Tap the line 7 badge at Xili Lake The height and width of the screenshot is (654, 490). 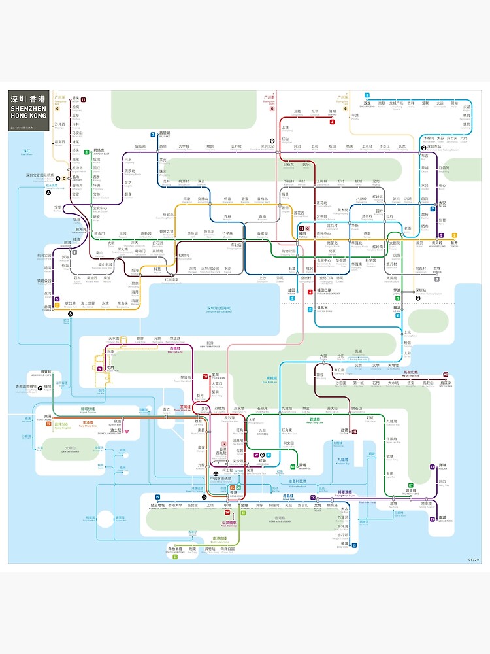coord(152,134)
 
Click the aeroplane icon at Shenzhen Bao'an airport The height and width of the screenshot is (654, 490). coord(58,178)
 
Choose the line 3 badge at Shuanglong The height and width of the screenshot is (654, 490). coord(367,95)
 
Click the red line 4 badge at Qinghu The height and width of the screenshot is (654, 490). coord(332,122)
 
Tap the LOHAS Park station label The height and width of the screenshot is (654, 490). coord(442,518)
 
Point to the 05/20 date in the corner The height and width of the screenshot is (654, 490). coord(474,559)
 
